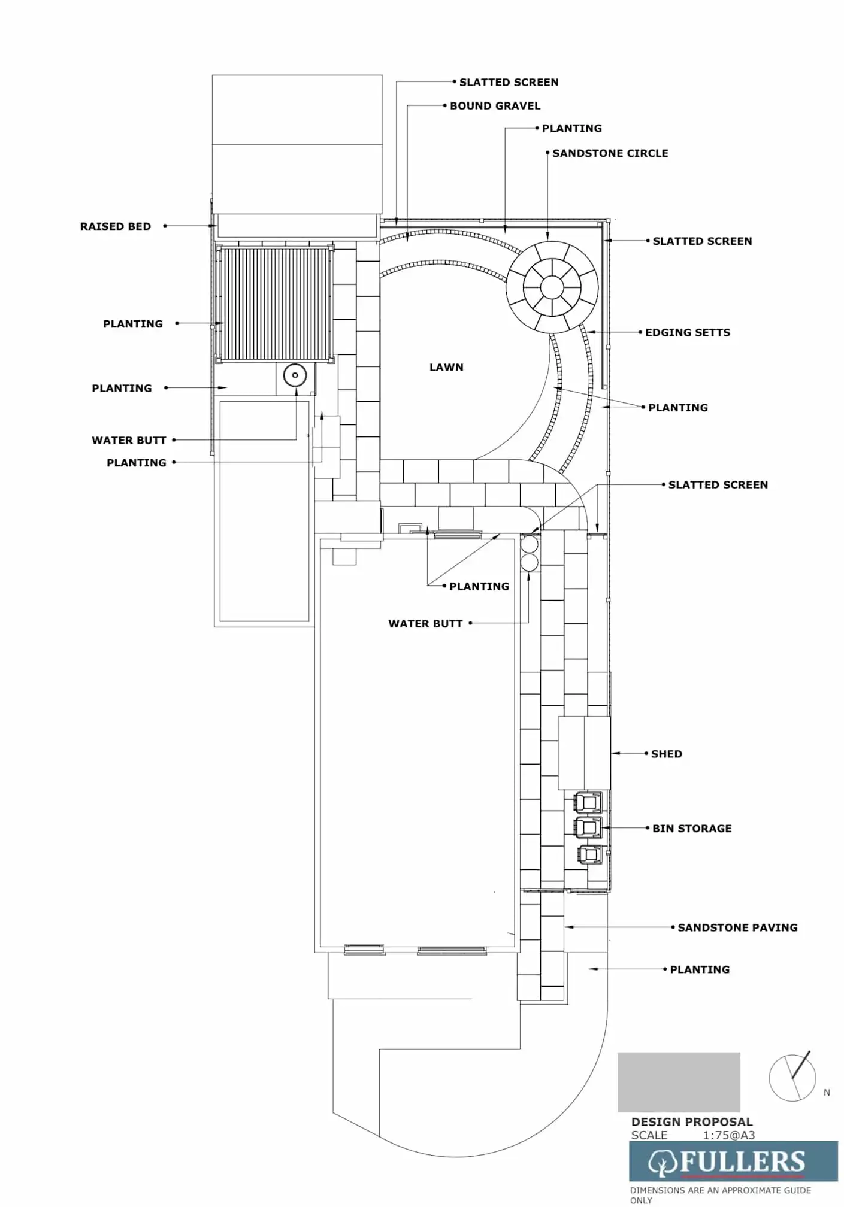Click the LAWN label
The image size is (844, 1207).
[446, 367]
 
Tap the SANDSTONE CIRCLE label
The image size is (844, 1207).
[610, 153]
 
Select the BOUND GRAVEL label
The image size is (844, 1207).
[495, 106]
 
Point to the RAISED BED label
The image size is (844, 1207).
[116, 226]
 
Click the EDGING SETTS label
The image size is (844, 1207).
[688, 332]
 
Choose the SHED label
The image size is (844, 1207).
[667, 754]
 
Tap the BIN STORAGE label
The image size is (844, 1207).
[692, 829]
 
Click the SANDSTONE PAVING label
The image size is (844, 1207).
[737, 927]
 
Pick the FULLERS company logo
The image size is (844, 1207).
[733, 1162]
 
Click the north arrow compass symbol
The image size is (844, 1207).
[792, 1077]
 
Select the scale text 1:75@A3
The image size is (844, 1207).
[729, 1135]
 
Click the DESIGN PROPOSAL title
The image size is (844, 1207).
[692, 1122]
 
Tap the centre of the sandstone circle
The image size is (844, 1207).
[552, 287]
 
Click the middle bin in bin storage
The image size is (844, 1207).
[588, 827]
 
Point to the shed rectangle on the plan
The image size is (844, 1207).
[584, 753]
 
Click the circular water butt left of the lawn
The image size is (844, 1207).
[295, 375]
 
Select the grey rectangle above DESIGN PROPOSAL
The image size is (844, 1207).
[679, 1082]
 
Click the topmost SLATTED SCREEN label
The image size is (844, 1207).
[509, 83]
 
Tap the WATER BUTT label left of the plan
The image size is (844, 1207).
[129, 440]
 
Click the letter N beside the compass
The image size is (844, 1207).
[827, 1093]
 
